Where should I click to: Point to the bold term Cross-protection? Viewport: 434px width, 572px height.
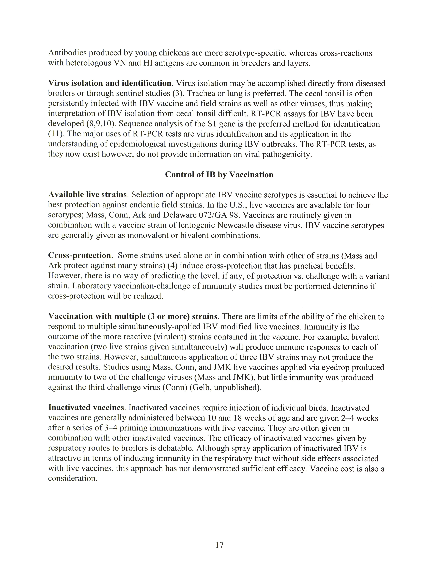tap(80, 256)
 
